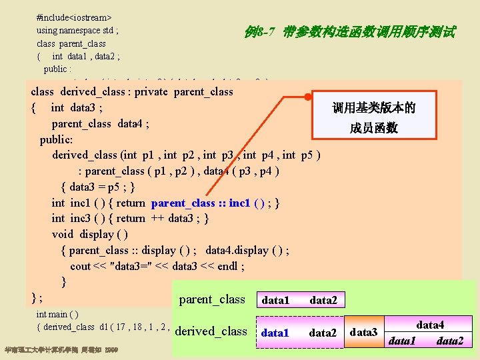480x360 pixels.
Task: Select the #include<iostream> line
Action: (74, 16)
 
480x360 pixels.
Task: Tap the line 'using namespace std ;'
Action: (77, 31)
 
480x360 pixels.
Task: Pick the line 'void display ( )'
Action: (90, 234)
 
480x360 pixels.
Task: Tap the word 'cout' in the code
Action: (80, 266)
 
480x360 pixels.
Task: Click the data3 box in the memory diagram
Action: (363, 332)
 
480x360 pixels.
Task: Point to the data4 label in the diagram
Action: (429, 325)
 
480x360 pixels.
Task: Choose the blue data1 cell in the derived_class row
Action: (275, 332)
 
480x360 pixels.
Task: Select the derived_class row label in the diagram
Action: (211, 331)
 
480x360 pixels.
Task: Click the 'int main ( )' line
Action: (57, 313)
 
